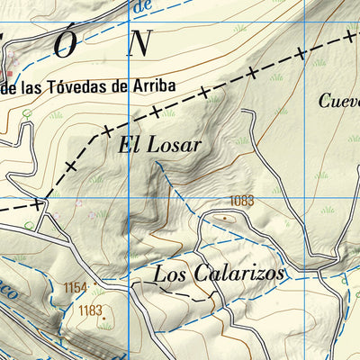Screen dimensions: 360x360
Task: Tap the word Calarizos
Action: coord(238,273)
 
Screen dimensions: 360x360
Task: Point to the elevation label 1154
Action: coord(76,287)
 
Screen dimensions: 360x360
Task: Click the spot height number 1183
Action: coord(90,310)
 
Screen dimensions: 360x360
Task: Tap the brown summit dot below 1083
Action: coord(224,217)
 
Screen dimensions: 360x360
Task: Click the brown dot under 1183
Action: coord(104,318)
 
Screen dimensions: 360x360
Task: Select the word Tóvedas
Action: coord(81,86)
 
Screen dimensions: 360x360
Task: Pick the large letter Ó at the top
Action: coord(66,45)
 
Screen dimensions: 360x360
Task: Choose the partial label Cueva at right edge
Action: coord(340,101)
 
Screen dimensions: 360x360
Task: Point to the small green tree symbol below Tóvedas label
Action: coord(28,114)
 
